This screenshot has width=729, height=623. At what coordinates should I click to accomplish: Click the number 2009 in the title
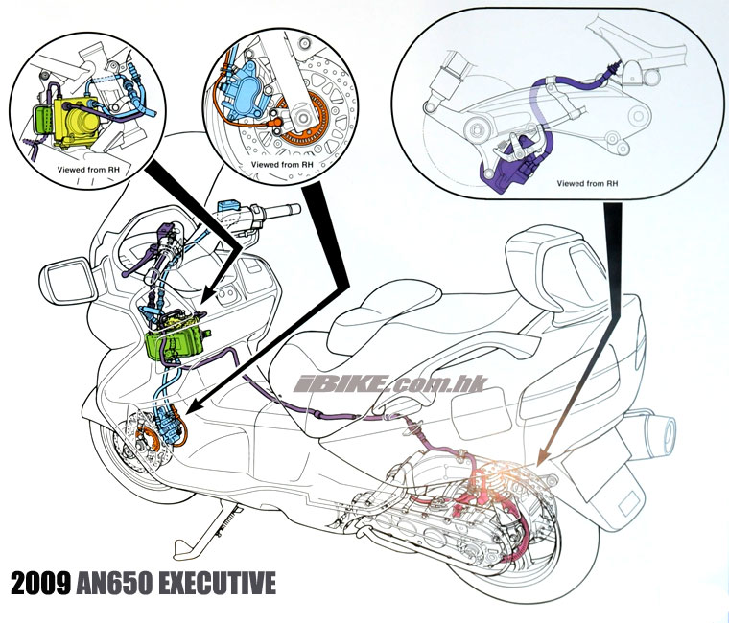(41, 583)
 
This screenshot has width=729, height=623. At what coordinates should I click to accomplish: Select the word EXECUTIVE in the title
(217, 583)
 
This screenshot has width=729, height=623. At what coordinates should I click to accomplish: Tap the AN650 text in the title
(114, 583)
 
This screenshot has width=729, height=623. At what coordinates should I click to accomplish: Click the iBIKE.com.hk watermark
(389, 384)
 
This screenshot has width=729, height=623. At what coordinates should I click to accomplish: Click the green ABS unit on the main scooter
(173, 342)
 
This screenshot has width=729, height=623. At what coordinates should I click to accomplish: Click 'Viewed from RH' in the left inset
(88, 170)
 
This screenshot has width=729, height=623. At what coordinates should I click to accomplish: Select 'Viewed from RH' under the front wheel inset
(282, 165)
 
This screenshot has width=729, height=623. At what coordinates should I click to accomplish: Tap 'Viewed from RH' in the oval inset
(588, 183)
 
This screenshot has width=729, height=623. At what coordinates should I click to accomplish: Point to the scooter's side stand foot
(183, 549)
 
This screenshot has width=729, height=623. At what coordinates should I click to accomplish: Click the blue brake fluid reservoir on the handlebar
(228, 205)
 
